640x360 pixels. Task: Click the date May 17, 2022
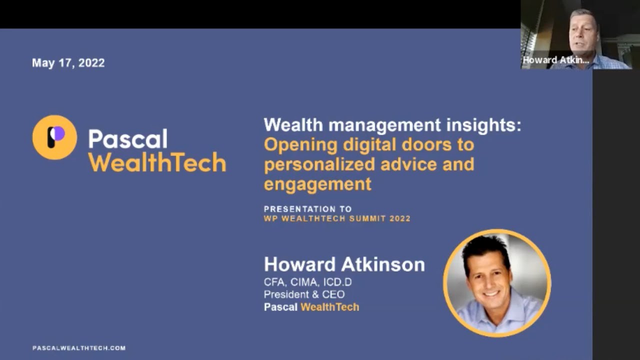coord(68,63)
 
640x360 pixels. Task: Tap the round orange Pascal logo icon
coord(54,137)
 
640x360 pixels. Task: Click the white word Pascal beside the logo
coord(128,139)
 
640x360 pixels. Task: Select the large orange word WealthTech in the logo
coord(157,163)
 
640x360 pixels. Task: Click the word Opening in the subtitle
coord(300,145)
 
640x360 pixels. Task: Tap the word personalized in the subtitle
coord(319,164)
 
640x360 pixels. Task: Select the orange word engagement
coord(317,184)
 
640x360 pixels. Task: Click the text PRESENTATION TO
coord(308,209)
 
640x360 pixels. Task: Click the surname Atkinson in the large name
coord(384,264)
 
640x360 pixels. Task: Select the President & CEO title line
coord(304,294)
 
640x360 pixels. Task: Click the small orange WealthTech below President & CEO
coord(329,307)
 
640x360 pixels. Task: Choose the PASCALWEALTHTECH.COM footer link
coord(79,348)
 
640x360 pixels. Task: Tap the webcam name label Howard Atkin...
coord(555,60)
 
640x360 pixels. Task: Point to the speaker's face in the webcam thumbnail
coord(583,33)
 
